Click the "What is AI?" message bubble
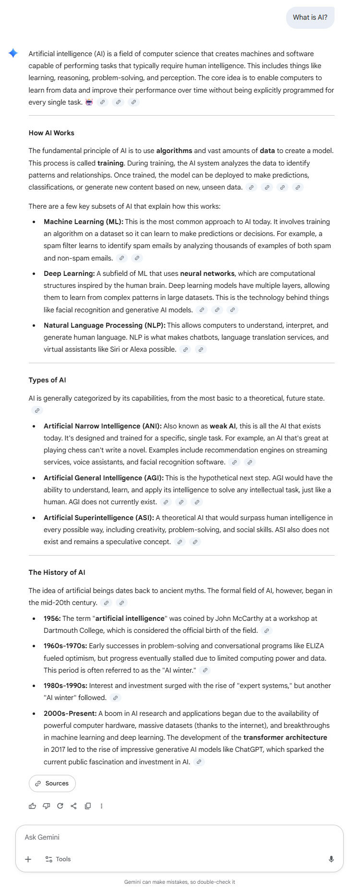310,17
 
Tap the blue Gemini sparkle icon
13,53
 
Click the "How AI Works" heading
51,133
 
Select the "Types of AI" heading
47,380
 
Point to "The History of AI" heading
57,572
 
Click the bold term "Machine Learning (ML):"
84,222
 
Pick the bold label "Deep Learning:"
69,273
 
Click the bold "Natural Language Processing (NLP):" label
104,325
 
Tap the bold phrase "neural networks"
207,273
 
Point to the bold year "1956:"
52,618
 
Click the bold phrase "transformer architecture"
285,737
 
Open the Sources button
52,783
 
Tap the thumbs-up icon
33,806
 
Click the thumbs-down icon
47,806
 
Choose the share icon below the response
74,806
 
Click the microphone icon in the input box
331,859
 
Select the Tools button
58,859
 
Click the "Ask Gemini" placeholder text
42,837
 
